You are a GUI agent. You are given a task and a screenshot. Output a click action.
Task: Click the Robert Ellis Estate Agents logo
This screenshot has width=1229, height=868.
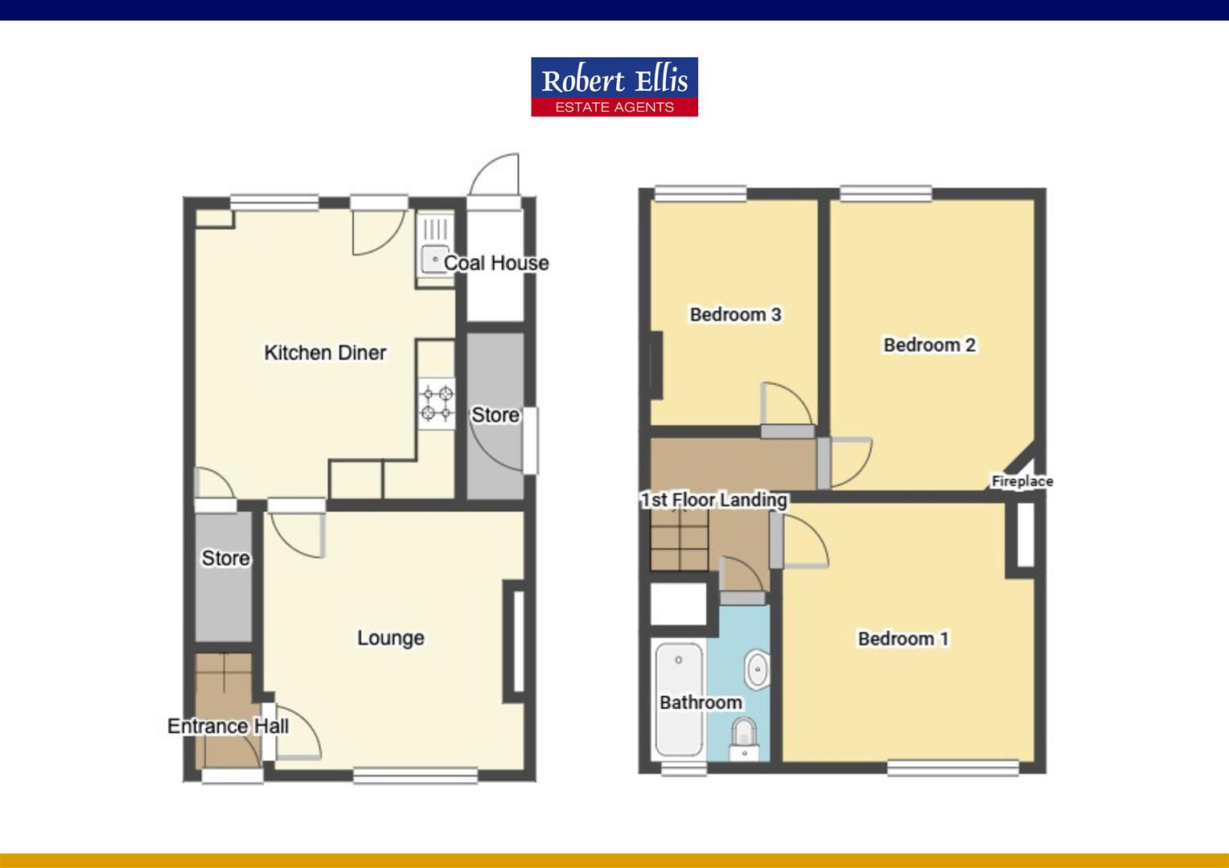tap(614, 87)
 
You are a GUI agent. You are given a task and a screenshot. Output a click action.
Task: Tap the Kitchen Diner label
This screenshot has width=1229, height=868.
tap(326, 353)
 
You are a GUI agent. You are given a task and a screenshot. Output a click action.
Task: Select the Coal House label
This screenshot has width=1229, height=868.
tap(496, 263)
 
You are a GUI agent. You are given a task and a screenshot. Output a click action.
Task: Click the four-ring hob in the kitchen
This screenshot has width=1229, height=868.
tap(437, 403)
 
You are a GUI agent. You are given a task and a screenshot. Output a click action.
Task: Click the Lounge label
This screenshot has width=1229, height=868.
tap(391, 637)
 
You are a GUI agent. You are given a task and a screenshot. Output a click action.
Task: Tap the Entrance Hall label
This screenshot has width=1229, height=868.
tap(228, 726)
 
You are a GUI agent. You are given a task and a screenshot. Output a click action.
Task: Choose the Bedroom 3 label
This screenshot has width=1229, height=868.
tap(735, 314)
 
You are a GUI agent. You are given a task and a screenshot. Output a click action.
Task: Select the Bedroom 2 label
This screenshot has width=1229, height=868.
tap(930, 345)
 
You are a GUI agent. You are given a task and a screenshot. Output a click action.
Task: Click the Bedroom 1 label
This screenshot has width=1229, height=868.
tap(903, 639)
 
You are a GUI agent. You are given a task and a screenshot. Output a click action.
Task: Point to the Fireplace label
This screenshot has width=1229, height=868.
tap(1022, 481)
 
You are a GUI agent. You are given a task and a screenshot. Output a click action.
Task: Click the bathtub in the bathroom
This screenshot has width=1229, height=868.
tap(679, 700)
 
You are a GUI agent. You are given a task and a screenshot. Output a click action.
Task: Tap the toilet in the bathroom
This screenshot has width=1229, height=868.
tap(744, 739)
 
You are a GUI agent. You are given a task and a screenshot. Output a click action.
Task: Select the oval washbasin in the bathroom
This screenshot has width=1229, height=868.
tap(757, 669)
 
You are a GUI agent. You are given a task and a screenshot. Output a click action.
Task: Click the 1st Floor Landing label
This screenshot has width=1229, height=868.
tap(713, 500)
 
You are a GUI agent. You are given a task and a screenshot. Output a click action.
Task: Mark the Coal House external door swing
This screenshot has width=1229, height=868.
tap(495, 174)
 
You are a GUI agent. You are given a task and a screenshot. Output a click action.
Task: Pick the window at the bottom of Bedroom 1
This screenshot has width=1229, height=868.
tap(953, 768)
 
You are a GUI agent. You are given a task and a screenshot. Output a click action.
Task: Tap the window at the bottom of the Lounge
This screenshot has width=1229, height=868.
tap(415, 776)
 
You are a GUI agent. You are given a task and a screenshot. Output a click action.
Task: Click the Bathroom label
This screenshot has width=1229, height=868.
tap(701, 702)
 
